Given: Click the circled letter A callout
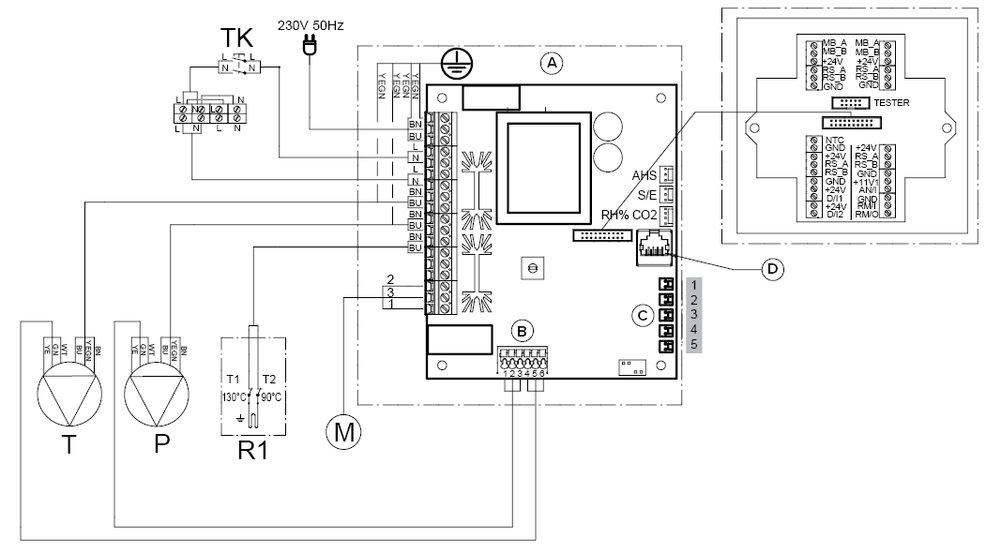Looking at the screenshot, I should [552, 64].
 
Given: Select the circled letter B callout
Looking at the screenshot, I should [522, 330].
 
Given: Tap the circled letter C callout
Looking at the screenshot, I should [642, 315].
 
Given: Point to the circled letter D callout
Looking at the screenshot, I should [772, 269].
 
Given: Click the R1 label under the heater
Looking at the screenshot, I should [251, 450].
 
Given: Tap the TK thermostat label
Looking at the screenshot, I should [237, 38].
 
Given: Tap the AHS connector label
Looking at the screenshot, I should [644, 175].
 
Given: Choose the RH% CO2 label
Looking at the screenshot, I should [629, 216].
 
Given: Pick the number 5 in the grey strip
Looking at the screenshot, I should [694, 345].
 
